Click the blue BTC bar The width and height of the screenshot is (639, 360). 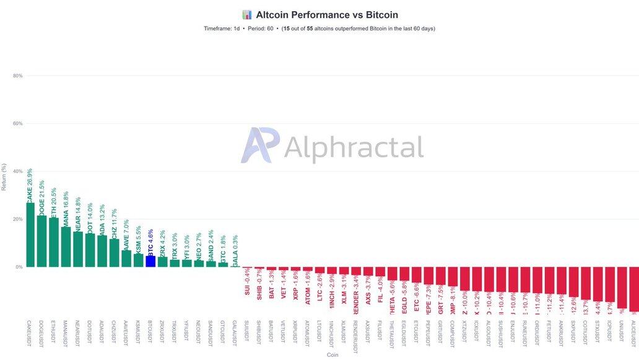(x=150, y=261)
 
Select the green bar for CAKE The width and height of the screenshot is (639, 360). (x=30, y=235)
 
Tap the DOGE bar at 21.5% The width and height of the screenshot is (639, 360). (x=42, y=241)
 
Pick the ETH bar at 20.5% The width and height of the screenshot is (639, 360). (x=54, y=242)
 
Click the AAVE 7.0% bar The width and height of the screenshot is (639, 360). (x=126, y=258)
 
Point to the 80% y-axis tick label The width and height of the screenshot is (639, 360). (x=17, y=76)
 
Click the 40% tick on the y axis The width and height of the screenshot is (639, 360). (x=17, y=171)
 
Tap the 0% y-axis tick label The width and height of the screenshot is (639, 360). (x=19, y=267)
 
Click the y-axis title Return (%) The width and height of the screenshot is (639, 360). (x=4, y=177)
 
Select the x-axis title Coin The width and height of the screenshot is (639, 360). (x=333, y=355)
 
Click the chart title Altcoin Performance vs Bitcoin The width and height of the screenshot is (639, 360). (x=327, y=15)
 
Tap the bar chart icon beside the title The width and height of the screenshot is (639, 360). (x=247, y=15)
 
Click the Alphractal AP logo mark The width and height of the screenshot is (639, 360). (x=260, y=145)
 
